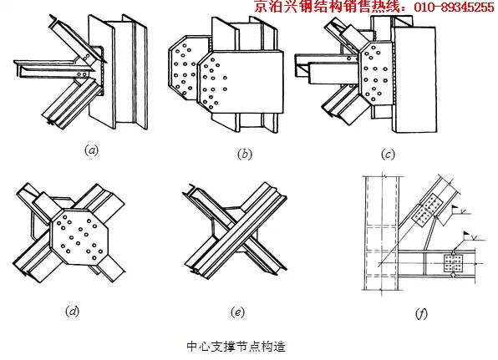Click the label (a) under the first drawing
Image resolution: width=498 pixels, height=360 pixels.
pos(91,150)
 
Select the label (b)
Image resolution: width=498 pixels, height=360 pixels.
pos(245,154)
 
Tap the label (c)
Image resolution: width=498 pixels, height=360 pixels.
pos(388,155)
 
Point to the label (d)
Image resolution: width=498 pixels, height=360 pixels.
pos(72,311)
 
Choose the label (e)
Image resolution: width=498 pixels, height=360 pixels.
pos(237,312)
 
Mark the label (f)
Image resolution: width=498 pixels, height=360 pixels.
pos(421,314)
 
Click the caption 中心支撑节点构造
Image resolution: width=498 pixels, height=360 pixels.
pos(236,346)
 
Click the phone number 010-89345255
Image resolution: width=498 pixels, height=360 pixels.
pos(454,7)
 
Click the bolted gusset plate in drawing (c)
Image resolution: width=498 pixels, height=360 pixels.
pos(375,74)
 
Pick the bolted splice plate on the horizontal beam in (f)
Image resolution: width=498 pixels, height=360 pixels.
pos(454,263)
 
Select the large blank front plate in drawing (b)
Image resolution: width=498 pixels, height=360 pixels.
pos(241,82)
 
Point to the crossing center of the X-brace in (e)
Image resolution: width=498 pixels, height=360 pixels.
pos(236,229)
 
